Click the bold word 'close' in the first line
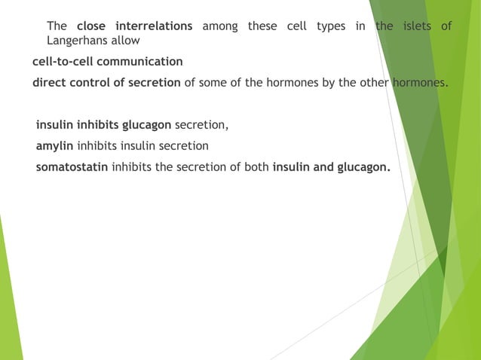click(x=92, y=26)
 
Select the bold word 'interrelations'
click(x=154, y=26)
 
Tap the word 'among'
click(x=220, y=26)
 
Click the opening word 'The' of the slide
click(x=57, y=26)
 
